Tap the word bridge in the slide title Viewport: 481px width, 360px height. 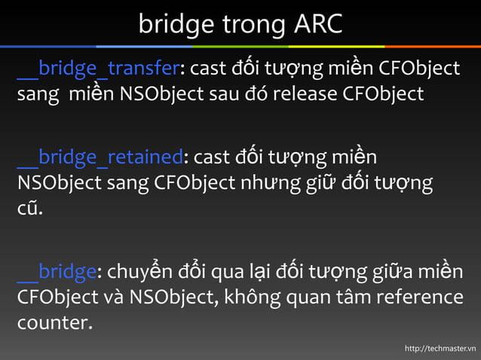tap(176, 26)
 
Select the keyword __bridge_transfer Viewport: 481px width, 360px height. tap(99, 69)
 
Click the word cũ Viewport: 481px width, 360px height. tap(29, 209)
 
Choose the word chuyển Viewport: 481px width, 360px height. tap(143, 272)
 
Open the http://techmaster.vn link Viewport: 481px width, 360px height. tap(440, 348)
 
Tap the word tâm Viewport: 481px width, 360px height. tap(348, 297)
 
